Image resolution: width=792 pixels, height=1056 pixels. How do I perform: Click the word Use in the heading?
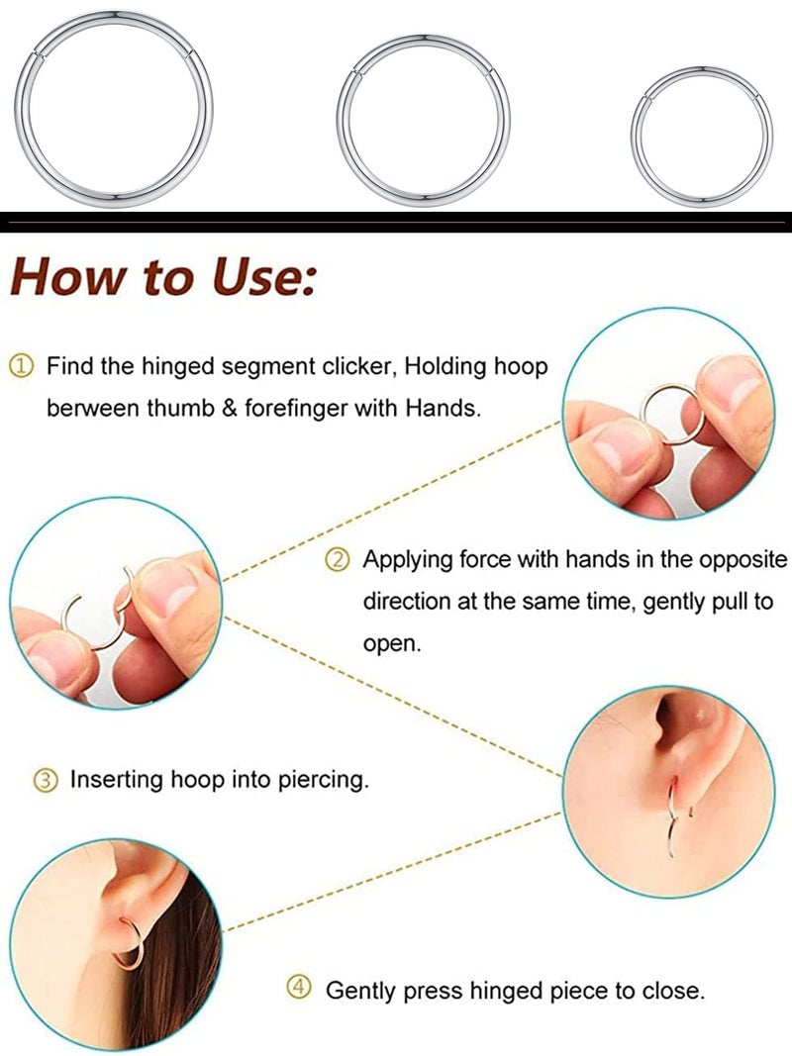(x=258, y=276)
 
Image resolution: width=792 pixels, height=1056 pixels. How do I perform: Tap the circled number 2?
(x=338, y=560)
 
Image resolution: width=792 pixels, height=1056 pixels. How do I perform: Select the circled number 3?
(x=46, y=780)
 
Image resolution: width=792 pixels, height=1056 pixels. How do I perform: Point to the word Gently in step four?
(x=366, y=990)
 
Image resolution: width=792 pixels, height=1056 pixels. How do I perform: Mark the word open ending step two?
(x=391, y=643)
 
